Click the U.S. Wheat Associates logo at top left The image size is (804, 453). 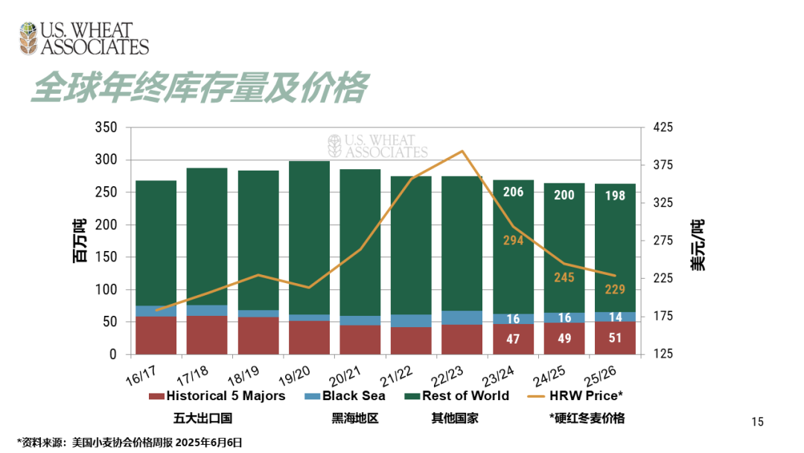83,38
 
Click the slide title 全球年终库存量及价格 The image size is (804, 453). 199,88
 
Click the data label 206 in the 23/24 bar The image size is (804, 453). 513,192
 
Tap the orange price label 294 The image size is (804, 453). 513,241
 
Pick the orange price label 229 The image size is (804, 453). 615,289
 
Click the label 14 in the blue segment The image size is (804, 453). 615,317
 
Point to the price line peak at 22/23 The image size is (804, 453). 462,151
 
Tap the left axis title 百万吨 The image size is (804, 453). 79,241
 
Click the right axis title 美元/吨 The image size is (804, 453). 698,244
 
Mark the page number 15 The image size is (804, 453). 758,422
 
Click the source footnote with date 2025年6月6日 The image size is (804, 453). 130,442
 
